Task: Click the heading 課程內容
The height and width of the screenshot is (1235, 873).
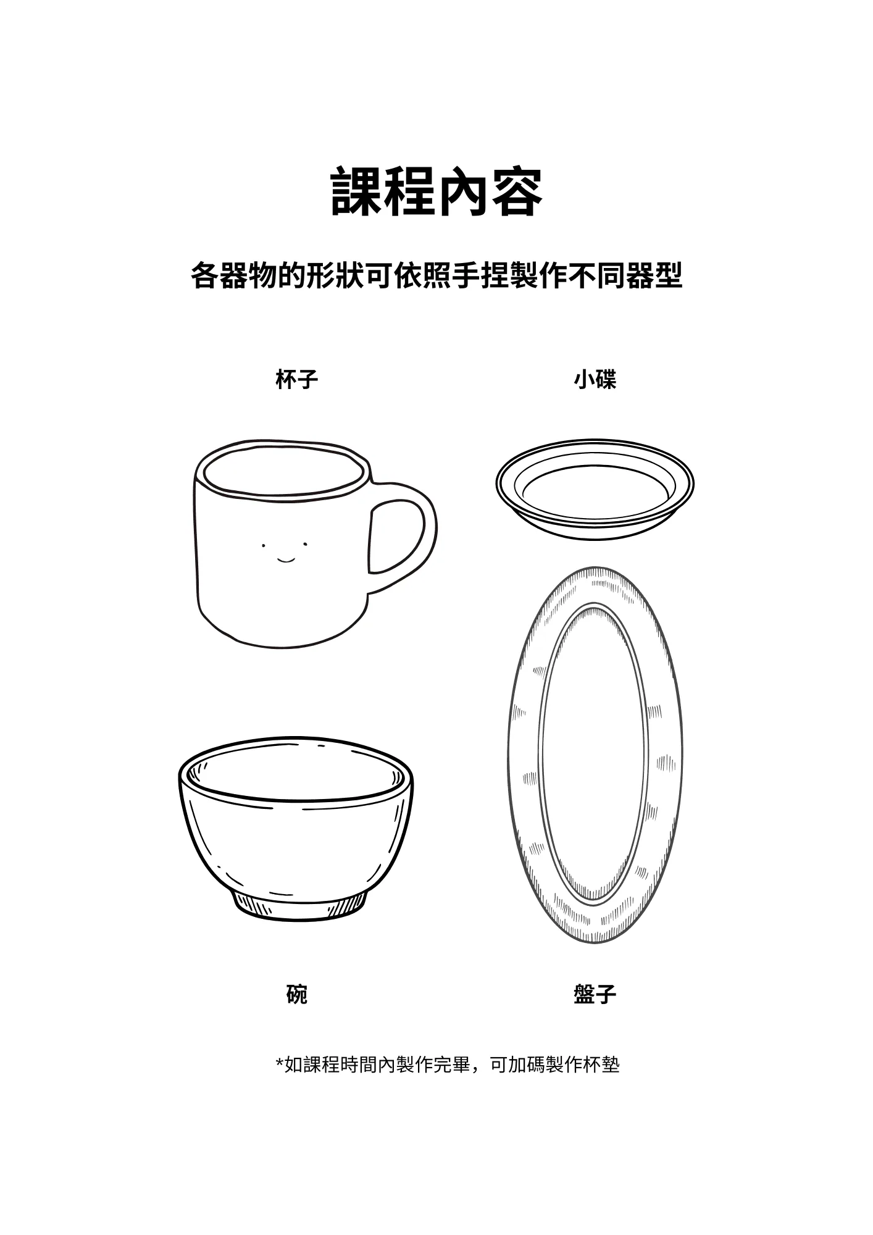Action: (x=436, y=191)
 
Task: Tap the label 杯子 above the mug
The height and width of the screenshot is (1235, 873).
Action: (x=297, y=379)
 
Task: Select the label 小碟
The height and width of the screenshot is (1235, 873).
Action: (x=595, y=379)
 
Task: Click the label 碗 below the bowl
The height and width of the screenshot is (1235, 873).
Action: (x=297, y=995)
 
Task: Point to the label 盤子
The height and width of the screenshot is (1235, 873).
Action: (x=595, y=995)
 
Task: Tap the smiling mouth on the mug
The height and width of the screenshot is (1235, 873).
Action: (x=285, y=559)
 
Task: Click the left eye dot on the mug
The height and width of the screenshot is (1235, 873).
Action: (x=264, y=545)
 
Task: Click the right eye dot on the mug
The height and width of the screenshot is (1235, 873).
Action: (x=305, y=544)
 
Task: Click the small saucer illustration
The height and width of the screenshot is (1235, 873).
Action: (x=595, y=490)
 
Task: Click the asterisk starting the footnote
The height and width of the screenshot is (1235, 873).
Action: (x=279, y=1063)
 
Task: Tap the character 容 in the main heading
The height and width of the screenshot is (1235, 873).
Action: (x=517, y=191)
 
